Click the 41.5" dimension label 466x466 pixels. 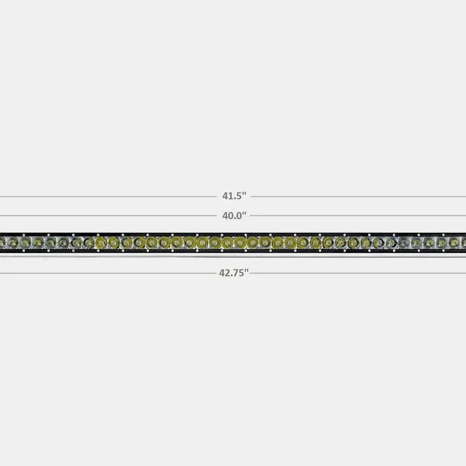tap(234, 196)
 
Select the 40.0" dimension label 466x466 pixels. tap(234, 215)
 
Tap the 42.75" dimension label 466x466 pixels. tap(234, 272)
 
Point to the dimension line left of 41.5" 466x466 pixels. tap(108, 197)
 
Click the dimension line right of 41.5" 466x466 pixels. tap(359, 197)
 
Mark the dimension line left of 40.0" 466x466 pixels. tap(108, 215)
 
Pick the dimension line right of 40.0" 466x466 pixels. tap(358, 215)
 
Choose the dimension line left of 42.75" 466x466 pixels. tap(108, 273)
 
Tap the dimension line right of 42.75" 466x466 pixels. tap(358, 273)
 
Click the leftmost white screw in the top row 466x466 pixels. tap(24, 235)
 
